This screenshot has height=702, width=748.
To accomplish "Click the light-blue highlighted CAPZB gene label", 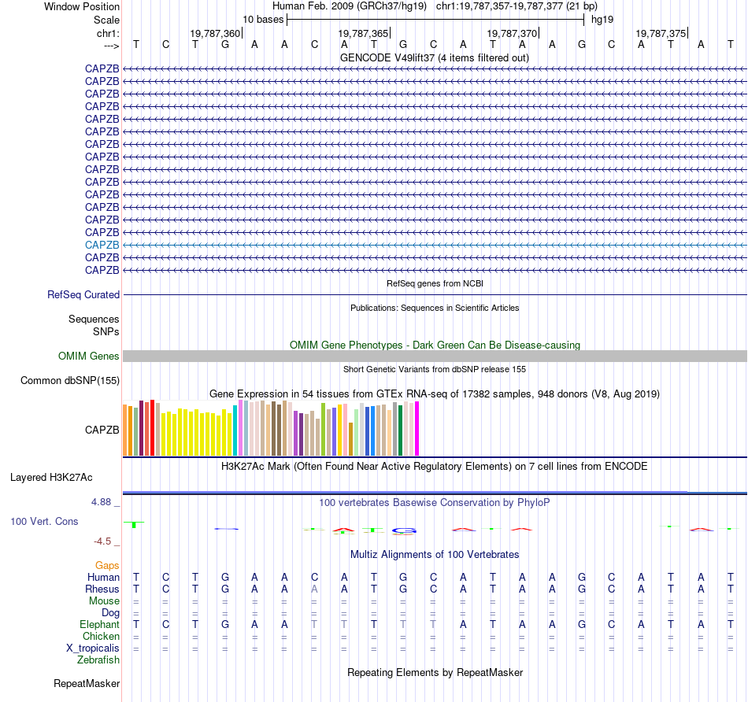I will [102, 245].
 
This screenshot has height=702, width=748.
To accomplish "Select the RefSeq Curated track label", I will [83, 295].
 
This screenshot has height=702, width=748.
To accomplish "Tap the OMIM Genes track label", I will [89, 357].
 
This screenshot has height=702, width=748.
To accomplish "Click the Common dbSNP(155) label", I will [70, 381].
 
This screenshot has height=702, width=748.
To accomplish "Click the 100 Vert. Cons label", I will [44, 521].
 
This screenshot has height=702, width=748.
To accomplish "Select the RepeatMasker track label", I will [87, 683].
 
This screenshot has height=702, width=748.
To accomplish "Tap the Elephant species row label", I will [100, 624].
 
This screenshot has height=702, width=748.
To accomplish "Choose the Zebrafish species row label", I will [99, 660].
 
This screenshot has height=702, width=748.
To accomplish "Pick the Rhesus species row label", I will [102, 589].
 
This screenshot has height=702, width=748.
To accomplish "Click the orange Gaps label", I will [107, 565].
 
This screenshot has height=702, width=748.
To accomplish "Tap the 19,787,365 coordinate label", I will [363, 33].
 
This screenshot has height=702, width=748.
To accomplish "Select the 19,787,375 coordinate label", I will [661, 33].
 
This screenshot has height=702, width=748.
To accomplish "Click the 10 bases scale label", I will [263, 19].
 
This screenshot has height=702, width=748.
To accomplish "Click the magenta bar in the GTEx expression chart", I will [417, 428].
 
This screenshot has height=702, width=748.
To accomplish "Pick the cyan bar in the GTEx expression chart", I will [235, 430].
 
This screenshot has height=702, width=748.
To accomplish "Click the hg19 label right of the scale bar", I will [602, 19].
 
